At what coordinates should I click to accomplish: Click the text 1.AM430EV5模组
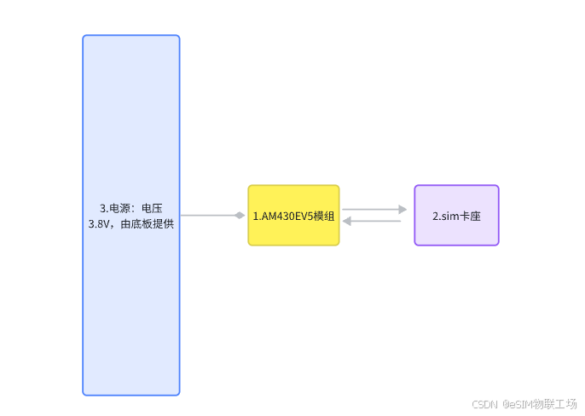click(x=293, y=216)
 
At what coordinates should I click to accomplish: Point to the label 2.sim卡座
click(x=456, y=216)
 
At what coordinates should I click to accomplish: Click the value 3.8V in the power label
click(x=101, y=224)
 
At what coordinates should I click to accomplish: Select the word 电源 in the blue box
click(x=121, y=208)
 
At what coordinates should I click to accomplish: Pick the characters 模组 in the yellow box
click(x=323, y=216)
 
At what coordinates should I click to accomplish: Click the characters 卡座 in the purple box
click(x=470, y=216)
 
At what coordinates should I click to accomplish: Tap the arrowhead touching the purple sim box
click(x=403, y=209)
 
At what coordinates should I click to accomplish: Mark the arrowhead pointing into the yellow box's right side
click(x=347, y=222)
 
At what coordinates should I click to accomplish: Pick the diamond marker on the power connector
click(x=240, y=216)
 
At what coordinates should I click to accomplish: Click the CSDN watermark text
click(x=484, y=403)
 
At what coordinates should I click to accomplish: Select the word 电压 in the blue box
click(x=152, y=208)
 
